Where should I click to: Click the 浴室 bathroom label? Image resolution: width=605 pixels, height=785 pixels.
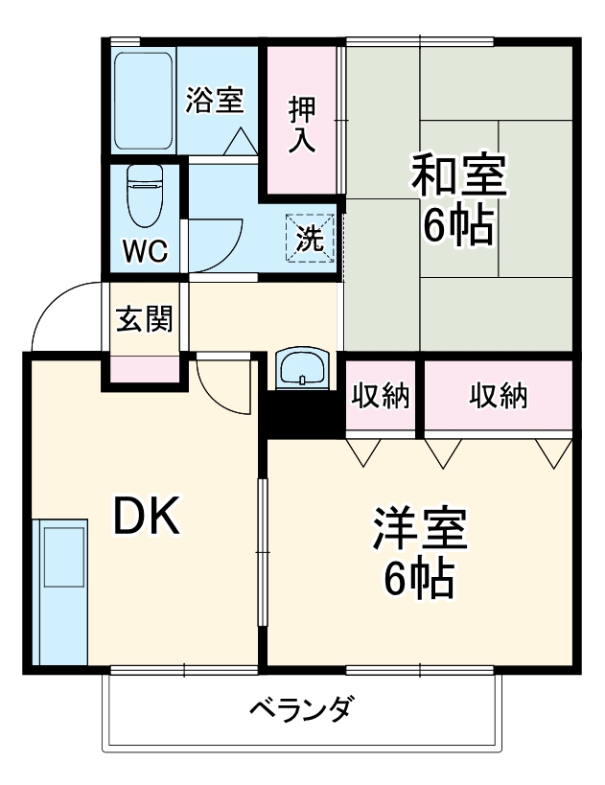(x=215, y=101)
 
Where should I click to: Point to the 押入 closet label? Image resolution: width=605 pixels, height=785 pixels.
(x=302, y=123)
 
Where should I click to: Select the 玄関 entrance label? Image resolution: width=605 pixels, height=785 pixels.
(x=145, y=318)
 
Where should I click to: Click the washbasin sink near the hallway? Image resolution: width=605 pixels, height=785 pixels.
(x=302, y=369)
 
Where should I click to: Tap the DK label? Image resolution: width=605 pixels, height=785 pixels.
(x=147, y=519)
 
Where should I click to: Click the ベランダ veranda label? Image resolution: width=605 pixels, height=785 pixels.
(x=301, y=710)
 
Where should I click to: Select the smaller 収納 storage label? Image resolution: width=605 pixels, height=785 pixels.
(x=380, y=395)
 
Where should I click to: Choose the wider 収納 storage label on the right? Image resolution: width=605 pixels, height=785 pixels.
(x=498, y=395)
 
